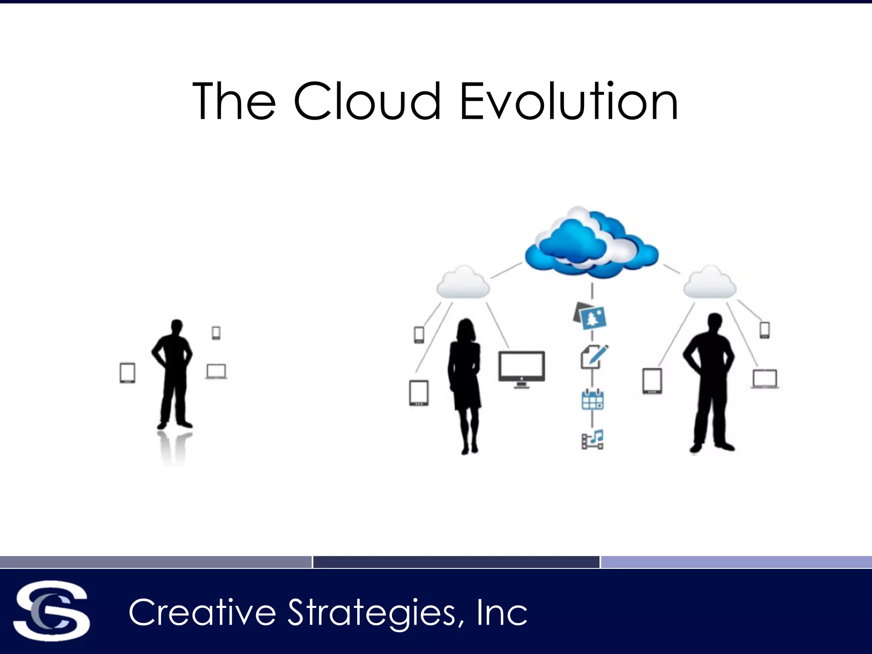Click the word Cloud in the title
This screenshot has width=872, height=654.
click(367, 101)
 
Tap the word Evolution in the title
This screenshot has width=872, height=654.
click(569, 101)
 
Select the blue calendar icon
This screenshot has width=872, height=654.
click(592, 399)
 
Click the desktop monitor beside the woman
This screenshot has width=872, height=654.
click(522, 368)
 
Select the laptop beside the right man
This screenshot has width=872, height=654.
click(765, 379)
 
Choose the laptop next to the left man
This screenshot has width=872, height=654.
click(216, 371)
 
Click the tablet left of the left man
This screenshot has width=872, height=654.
click(127, 373)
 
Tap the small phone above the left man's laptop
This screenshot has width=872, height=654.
click(216, 333)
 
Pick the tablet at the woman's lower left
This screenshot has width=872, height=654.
click(419, 393)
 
